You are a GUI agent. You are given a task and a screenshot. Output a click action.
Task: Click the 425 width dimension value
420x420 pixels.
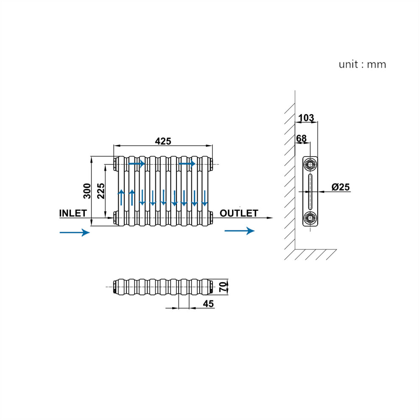pyautogui.click(x=163, y=141)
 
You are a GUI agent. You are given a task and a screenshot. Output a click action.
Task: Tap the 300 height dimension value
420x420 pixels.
pyautogui.click(x=87, y=191)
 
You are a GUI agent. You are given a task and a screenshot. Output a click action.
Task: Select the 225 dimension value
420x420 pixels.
pyautogui.click(x=101, y=191)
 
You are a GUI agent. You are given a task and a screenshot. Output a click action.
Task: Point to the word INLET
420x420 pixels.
pyautogui.click(x=73, y=213)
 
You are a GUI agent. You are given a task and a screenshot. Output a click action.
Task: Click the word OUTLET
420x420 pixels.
pyautogui.click(x=239, y=213)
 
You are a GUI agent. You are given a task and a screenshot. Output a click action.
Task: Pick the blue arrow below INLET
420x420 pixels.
pyautogui.click(x=75, y=232)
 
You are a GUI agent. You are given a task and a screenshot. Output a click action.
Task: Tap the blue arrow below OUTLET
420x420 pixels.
pyautogui.click(x=239, y=231)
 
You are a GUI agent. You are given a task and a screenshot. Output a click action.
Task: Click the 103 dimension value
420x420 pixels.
pyautogui.click(x=306, y=118)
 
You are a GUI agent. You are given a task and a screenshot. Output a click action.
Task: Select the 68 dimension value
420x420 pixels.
pyautogui.click(x=301, y=138)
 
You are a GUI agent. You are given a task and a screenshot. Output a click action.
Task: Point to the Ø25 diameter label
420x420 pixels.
pyautogui.click(x=340, y=187)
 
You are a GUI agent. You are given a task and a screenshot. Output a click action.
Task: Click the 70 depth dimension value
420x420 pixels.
pyautogui.click(x=223, y=287)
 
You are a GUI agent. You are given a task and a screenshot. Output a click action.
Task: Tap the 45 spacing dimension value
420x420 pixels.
pyautogui.click(x=208, y=304)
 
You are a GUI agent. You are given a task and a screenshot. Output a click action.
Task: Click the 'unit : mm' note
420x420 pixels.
pyautogui.click(x=362, y=64)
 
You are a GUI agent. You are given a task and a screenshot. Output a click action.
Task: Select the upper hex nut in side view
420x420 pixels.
pyautogui.click(x=310, y=165)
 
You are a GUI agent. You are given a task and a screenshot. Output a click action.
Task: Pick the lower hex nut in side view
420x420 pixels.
pyautogui.click(x=310, y=218)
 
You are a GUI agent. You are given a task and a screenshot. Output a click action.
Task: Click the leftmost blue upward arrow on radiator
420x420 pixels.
pyautogui.click(x=121, y=197)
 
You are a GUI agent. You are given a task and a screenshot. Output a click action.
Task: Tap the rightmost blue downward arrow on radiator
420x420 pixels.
pyautogui.click(x=204, y=198)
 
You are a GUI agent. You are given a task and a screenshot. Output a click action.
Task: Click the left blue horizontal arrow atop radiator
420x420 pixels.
pyautogui.click(x=137, y=163)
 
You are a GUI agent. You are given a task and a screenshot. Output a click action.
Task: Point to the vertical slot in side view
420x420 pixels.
pyautogui.click(x=310, y=191)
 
